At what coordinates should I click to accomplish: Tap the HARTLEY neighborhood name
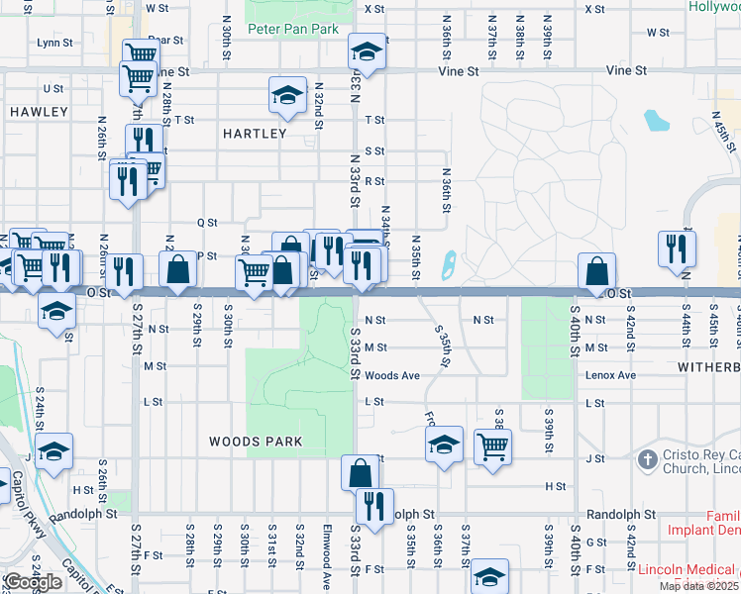pos(255,134)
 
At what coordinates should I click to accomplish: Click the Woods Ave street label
pos(392,376)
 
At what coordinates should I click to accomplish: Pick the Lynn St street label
pos(54,43)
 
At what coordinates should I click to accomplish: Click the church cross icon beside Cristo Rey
pos(647,459)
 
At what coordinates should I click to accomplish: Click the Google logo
pos(33,582)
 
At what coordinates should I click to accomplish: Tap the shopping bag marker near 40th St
pos(597,270)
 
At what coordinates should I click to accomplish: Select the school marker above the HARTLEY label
pos(287,95)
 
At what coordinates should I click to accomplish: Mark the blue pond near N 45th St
pos(656,121)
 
